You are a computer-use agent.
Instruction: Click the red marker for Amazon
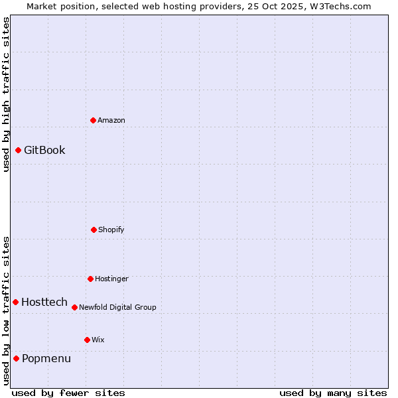click(x=94, y=120)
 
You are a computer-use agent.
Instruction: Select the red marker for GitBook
click(x=18, y=150)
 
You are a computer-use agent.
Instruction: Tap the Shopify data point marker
click(x=94, y=230)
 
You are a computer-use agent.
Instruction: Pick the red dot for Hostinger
click(x=90, y=279)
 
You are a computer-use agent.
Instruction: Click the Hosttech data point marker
click(x=15, y=302)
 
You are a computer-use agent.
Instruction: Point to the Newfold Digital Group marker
click(x=74, y=307)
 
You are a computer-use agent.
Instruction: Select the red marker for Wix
click(x=87, y=340)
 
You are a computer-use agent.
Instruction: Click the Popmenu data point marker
click(x=16, y=358)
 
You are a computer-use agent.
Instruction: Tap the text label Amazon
click(x=111, y=120)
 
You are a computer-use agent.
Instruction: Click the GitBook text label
click(x=44, y=150)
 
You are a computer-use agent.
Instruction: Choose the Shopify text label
click(x=111, y=230)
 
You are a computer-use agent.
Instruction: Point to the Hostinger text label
click(x=111, y=279)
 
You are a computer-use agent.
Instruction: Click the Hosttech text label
click(x=44, y=302)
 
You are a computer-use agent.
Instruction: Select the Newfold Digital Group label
click(x=117, y=307)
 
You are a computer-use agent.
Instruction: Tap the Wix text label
click(x=98, y=340)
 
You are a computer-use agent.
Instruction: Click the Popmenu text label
click(x=46, y=358)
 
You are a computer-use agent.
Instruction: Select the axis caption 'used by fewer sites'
click(x=68, y=393)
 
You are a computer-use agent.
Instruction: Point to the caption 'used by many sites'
click(x=333, y=393)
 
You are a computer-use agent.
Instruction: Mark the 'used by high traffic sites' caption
click(x=6, y=94)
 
